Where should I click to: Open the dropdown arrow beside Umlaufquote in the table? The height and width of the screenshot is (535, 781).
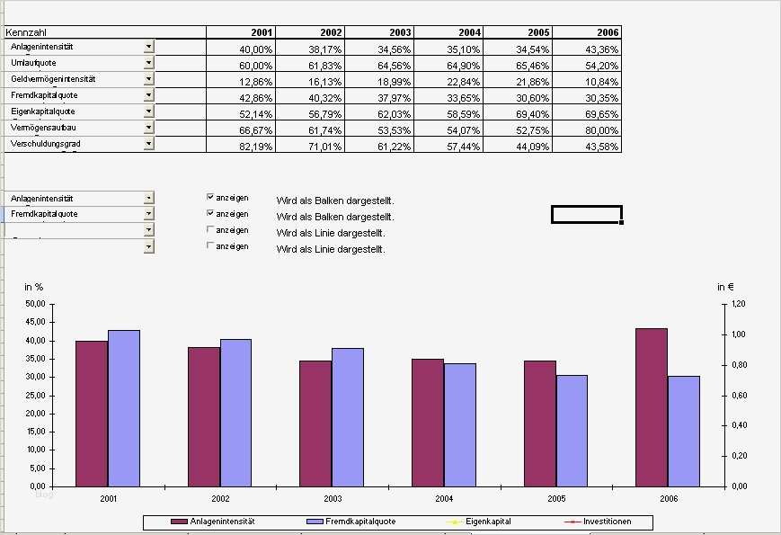coord(148,63)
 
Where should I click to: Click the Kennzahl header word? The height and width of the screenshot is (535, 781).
coord(25,31)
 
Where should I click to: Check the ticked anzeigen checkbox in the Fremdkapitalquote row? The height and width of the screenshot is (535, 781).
coord(211,213)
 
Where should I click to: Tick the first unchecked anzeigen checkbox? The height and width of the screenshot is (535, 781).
coord(211,229)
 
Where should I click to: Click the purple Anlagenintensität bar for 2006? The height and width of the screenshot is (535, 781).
coord(651,406)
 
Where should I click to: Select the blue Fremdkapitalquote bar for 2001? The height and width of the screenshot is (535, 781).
coord(124,407)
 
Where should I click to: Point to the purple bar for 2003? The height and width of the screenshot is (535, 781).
coord(315,423)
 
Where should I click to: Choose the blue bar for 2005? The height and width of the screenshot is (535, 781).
coord(572,430)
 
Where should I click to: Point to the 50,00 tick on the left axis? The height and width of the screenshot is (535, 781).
coord(34,305)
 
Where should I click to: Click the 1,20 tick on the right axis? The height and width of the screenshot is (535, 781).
coord(737,305)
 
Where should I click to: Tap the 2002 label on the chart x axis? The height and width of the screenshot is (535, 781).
coord(221,497)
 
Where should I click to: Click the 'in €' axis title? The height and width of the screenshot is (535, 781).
coord(725,287)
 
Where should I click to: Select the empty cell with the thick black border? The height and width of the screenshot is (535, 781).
coord(586,214)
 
